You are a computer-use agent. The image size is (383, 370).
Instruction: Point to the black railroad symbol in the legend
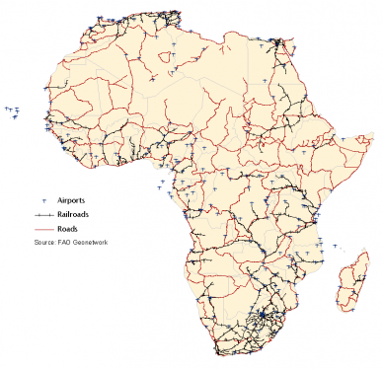click(43, 214)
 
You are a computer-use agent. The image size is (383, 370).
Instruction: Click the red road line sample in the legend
click(43, 228)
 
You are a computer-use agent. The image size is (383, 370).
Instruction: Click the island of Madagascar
click(346, 281)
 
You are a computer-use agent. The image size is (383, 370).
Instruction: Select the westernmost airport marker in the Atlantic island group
click(7, 108)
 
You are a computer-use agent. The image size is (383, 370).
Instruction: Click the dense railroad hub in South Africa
click(265, 318)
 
